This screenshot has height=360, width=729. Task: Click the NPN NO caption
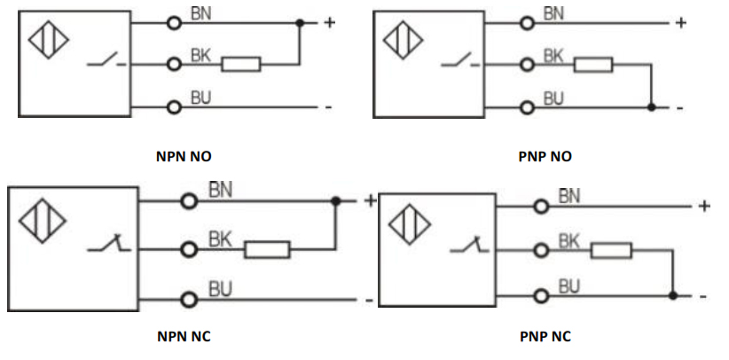(x=184, y=157)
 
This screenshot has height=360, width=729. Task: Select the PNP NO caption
(x=545, y=157)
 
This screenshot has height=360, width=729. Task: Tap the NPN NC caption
(x=184, y=336)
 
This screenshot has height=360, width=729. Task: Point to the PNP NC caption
(x=545, y=336)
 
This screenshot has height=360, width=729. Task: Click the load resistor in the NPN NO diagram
(x=240, y=64)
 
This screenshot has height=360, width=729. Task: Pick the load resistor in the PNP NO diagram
(x=593, y=64)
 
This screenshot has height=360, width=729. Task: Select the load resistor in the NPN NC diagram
(x=266, y=249)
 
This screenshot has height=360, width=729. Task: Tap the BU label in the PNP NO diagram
(x=553, y=98)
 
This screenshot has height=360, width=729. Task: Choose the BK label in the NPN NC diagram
(x=221, y=239)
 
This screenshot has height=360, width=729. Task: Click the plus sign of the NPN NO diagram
(x=329, y=21)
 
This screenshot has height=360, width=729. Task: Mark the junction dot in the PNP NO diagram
(x=651, y=107)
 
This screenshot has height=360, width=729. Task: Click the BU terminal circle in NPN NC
(x=188, y=299)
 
